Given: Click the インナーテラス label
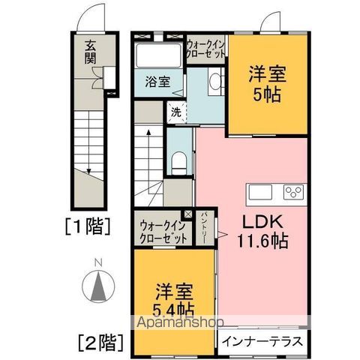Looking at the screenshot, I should [262, 341].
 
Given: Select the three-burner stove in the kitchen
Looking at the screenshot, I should [291, 193].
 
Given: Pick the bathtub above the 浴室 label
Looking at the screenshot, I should [158, 57].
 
